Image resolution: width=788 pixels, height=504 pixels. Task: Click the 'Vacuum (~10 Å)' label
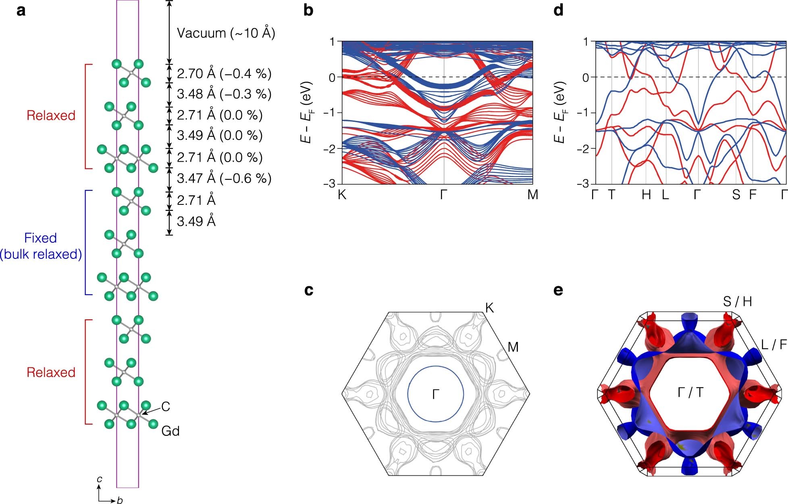pos(226,33)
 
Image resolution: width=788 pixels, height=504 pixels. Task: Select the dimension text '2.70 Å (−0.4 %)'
pos(224,74)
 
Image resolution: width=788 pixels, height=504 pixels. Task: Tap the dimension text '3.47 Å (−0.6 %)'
pos(224,178)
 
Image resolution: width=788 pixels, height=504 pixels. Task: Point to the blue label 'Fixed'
pos(40,238)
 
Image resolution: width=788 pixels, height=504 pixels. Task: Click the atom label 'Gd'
pos(170,431)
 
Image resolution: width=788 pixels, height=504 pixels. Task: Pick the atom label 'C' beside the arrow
pos(166,407)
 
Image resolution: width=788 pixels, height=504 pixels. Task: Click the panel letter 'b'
pos(308,10)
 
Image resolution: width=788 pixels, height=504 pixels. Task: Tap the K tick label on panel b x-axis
pos(342,195)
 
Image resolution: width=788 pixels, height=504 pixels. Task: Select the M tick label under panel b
pos(532,195)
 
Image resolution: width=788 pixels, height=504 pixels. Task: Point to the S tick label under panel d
pos(736,195)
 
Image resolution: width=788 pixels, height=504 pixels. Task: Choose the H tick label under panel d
pos(646,195)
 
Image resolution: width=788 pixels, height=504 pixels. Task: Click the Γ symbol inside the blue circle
pos(436,394)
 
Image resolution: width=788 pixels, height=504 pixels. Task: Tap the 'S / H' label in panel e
pos(737,302)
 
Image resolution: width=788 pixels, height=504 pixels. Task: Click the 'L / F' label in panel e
pos(774,345)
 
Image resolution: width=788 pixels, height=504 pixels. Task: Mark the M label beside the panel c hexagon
pos(513,347)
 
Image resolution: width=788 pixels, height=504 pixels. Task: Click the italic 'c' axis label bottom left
pos(99,479)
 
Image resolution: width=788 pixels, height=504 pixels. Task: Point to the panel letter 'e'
pos(558,290)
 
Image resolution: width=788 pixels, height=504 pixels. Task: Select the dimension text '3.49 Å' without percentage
pos(196,221)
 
